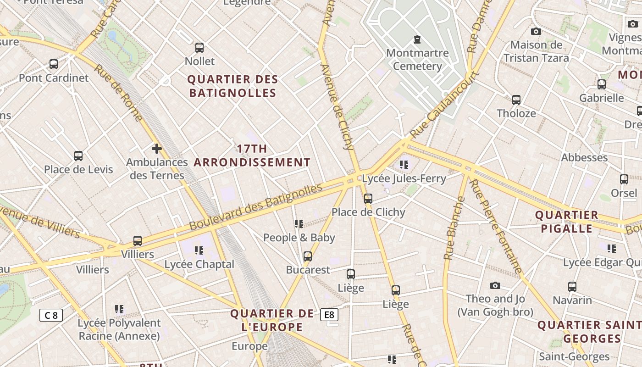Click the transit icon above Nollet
[x=199, y=47]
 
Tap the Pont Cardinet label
[x=54, y=78]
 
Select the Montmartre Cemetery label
[x=417, y=60]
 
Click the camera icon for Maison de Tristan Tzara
[x=536, y=31]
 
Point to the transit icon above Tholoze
[x=516, y=100]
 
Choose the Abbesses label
[x=584, y=157]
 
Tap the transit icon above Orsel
[x=624, y=179]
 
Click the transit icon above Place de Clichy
[x=368, y=198]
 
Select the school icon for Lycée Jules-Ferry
[x=404, y=164]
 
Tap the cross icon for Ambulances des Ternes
[x=157, y=148]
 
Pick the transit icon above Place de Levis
[x=78, y=156]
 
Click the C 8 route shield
[x=51, y=315]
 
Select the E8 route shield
[x=329, y=314]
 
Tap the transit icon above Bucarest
[x=308, y=256]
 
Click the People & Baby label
[x=299, y=238]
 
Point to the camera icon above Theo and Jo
[x=495, y=285]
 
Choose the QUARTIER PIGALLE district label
[x=567, y=222]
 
